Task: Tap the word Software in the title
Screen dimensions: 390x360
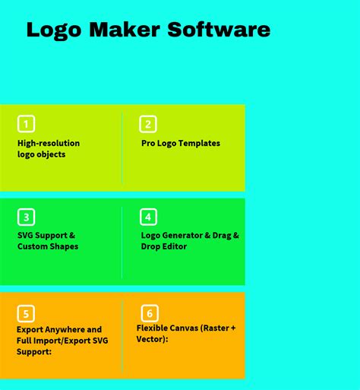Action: pyautogui.click(x=219, y=30)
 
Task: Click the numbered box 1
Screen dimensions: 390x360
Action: pyautogui.click(x=27, y=124)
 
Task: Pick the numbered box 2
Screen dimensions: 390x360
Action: pyautogui.click(x=148, y=124)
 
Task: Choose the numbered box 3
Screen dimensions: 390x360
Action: pyautogui.click(x=27, y=217)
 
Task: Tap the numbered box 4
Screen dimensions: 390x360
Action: pyautogui.click(x=148, y=217)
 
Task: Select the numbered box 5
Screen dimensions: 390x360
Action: pyautogui.click(x=27, y=313)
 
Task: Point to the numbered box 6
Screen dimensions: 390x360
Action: pyautogui.click(x=150, y=313)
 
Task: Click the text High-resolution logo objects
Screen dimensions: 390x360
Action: pyautogui.click(x=49, y=149)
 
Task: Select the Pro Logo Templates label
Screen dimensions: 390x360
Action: pyautogui.click(x=181, y=143)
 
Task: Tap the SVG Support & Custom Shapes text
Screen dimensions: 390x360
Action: pyautogui.click(x=47, y=241)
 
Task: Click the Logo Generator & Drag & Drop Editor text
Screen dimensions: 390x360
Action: pyautogui.click(x=190, y=241)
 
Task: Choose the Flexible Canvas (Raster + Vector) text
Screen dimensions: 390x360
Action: pyautogui.click(x=186, y=333)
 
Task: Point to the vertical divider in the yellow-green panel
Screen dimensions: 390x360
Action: pyautogui.click(x=122, y=148)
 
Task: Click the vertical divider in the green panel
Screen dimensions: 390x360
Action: pyautogui.click(x=122, y=242)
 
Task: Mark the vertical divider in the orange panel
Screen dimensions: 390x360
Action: pyautogui.click(x=122, y=335)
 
